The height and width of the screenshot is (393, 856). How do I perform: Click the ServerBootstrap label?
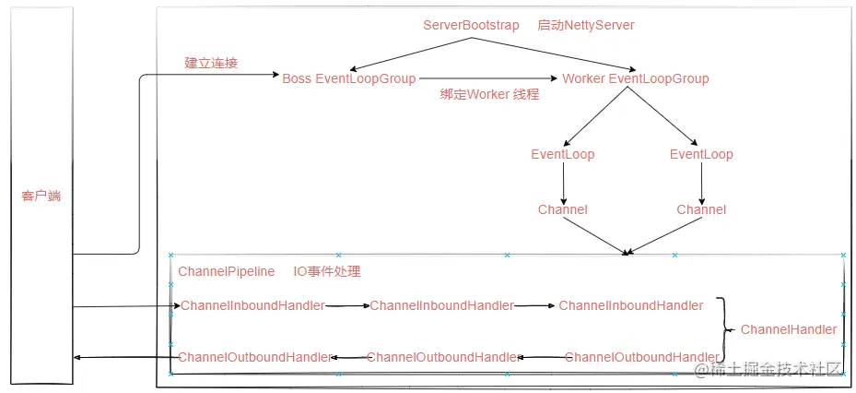coord(471,26)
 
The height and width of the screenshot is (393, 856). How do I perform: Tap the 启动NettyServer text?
coord(586,26)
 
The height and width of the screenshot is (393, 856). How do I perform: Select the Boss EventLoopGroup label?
coord(349,78)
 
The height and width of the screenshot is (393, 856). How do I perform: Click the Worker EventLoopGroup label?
coord(636,78)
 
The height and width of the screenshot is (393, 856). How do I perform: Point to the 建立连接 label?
coord(211,63)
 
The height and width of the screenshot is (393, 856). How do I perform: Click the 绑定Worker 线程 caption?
coord(489,95)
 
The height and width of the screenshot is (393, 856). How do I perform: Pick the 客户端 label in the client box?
coord(41,196)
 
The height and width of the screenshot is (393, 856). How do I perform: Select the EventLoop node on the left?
coord(562,155)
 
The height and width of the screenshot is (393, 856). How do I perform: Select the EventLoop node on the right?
coord(701,155)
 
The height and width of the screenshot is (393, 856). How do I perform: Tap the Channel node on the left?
coord(563,210)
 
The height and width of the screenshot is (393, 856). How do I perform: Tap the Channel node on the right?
coord(701,210)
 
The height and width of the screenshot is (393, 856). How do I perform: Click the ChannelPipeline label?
coord(227,271)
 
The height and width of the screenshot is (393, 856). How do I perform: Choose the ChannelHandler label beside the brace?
coord(789,329)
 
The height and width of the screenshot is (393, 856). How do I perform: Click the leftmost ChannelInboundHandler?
coord(252,306)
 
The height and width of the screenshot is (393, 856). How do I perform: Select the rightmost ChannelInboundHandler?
coord(631,306)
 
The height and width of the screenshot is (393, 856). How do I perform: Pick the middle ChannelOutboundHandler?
coord(442,357)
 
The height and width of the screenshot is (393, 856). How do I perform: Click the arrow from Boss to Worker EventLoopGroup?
coord(488,78)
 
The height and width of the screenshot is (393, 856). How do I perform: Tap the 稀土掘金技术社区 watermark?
coord(768,370)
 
